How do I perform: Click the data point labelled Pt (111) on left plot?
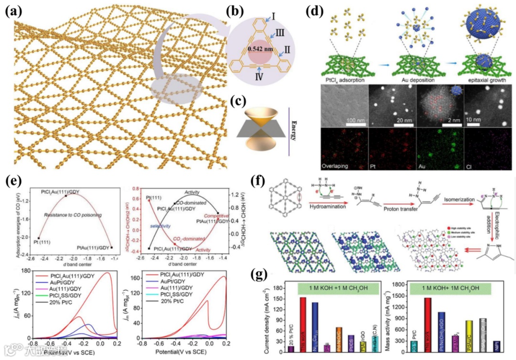click(x=38, y=238)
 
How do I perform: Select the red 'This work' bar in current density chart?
click(x=302, y=324)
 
